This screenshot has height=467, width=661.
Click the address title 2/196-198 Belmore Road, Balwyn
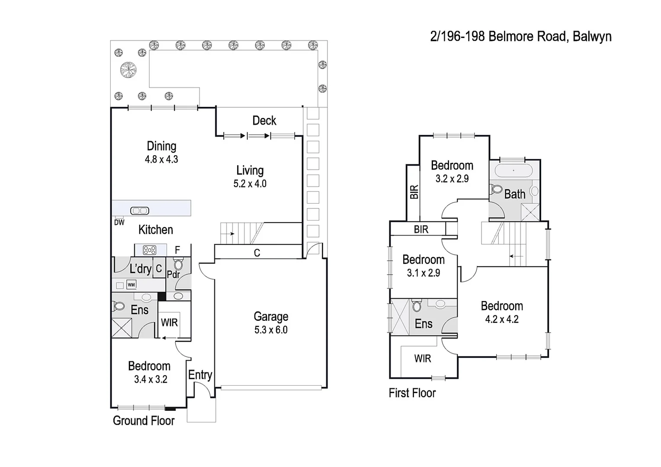[520, 36]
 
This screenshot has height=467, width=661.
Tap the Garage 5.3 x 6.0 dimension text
[271, 330]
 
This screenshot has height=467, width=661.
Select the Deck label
[264, 121]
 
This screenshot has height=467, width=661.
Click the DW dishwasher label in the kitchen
[119, 223]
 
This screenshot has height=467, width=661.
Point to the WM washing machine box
[132, 285]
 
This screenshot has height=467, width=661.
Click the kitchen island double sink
[140, 211]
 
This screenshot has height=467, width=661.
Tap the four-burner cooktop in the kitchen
[150, 250]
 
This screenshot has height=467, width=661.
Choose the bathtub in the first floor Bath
[513, 170]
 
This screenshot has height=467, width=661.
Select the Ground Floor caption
[144, 421]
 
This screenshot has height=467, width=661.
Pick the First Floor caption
[412, 393]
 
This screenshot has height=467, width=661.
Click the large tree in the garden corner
[128, 70]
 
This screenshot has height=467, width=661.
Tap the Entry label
[200, 375]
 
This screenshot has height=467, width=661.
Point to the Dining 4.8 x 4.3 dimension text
[161, 160]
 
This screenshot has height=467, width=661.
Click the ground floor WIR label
[169, 323]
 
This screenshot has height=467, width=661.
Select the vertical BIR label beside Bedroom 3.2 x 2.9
[414, 192]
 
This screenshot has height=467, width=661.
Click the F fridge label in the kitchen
[177, 250]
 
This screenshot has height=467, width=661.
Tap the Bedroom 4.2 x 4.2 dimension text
[502, 320]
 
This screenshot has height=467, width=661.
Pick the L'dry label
[141, 269]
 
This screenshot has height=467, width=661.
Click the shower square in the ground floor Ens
[122, 327]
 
